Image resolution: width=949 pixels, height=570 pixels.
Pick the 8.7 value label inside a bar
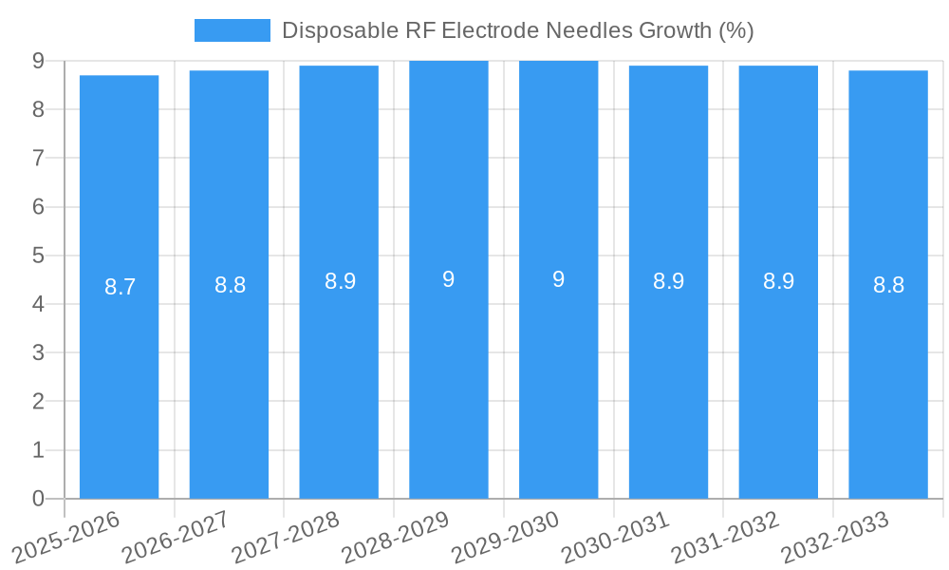[x=120, y=287]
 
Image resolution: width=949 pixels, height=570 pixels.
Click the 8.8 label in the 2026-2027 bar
[x=230, y=285]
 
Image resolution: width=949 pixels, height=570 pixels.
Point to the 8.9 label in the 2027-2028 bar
[x=340, y=281]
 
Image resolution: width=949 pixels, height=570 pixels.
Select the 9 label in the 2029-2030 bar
[x=559, y=279]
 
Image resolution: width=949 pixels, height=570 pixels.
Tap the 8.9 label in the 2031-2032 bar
[x=778, y=281]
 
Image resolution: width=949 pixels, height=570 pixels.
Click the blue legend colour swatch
[x=232, y=30]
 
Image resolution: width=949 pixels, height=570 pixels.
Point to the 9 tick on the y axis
[x=38, y=61]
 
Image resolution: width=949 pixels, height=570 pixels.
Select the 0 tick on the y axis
[x=38, y=499]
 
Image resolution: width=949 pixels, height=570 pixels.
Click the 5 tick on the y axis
[x=38, y=256]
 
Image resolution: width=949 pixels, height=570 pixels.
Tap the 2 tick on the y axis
[x=38, y=402]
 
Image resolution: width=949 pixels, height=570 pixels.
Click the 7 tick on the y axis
[x=38, y=158]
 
